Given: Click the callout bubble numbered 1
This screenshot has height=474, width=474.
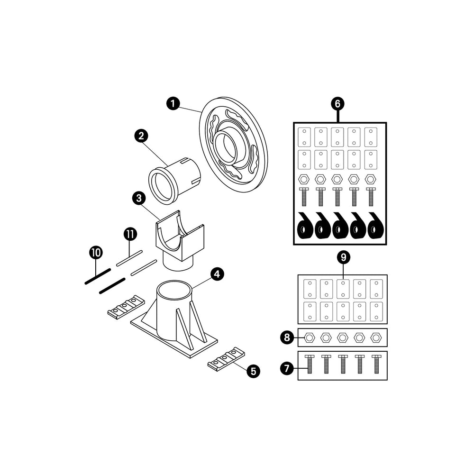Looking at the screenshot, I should (173, 103).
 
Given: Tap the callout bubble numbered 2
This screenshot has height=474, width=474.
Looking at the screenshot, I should (140, 136).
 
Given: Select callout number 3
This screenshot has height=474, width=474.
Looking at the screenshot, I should (139, 198).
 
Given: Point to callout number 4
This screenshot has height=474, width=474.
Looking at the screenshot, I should (217, 274).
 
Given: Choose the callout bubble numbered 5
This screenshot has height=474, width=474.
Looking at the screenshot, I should (253, 371).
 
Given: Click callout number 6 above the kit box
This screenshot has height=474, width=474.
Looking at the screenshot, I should (337, 103).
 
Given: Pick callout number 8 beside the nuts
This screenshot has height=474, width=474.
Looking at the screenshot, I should (286, 337).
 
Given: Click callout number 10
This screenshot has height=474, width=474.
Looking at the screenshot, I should (95, 253).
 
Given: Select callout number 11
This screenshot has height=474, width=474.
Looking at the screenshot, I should (130, 234).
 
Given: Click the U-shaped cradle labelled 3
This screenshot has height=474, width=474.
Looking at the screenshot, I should (180, 235).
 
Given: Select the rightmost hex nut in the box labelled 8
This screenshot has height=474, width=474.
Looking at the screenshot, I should (376, 337).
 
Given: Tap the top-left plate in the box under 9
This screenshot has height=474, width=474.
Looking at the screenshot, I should (309, 288).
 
